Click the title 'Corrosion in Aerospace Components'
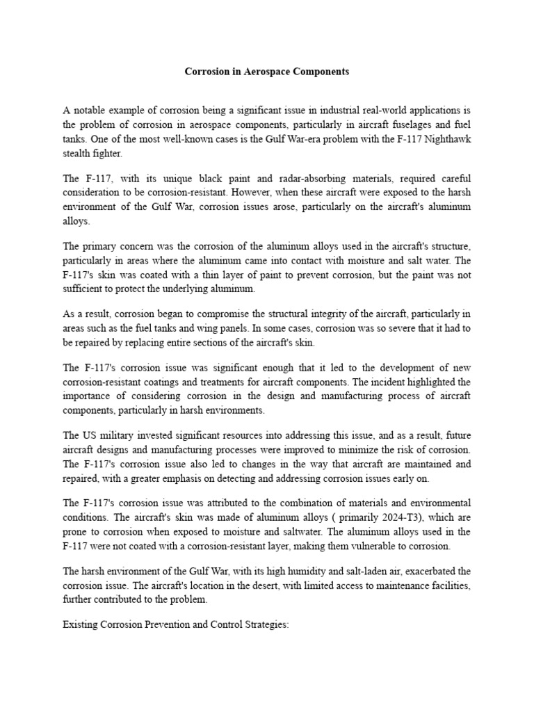pos(266,72)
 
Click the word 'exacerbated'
pos(431,570)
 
